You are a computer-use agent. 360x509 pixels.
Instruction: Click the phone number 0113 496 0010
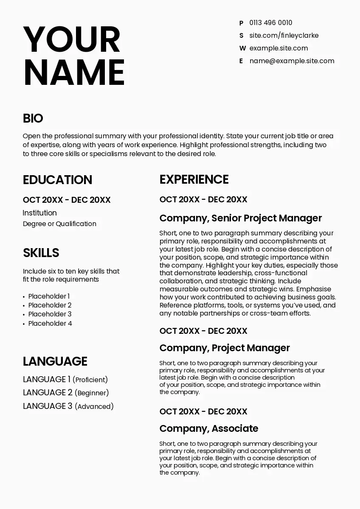click(270, 23)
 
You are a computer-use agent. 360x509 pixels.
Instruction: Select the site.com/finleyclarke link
click(284, 36)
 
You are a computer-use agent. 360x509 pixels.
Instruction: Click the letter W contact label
click(242, 48)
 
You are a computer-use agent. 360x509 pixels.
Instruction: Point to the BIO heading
click(33, 118)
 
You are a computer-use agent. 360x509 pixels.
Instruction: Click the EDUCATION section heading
click(57, 180)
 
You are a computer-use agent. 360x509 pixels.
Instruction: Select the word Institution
click(40, 213)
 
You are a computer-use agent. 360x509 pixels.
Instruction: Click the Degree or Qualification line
click(59, 224)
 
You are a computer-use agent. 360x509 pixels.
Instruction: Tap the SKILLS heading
click(41, 253)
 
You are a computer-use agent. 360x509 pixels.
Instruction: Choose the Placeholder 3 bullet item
click(50, 314)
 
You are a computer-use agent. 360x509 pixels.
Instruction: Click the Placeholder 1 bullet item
click(49, 296)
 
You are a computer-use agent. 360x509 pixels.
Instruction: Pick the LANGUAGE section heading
click(55, 361)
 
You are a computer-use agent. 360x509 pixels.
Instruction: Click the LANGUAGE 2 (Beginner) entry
click(66, 393)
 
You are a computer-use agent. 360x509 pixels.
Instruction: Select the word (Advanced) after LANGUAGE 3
click(94, 407)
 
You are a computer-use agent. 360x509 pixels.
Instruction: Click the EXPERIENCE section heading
click(194, 179)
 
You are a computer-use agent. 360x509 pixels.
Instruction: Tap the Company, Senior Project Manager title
click(241, 218)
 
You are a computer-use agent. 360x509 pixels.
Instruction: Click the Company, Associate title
click(209, 428)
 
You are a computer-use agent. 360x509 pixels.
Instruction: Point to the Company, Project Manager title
click(225, 348)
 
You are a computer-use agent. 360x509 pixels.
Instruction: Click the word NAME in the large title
click(74, 72)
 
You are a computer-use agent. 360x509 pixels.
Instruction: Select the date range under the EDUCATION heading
click(67, 200)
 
